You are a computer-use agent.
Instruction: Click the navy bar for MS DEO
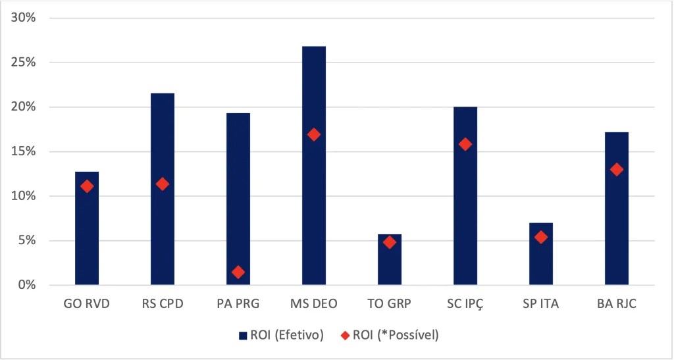tap(314, 165)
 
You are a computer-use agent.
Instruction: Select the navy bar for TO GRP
tap(390, 259)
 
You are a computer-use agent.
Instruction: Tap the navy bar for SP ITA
tap(541, 254)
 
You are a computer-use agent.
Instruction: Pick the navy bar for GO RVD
tap(87, 228)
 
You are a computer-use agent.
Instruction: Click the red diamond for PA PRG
tap(238, 272)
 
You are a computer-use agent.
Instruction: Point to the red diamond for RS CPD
tap(163, 184)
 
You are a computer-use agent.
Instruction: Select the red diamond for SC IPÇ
tap(465, 144)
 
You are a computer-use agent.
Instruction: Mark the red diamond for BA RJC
tap(616, 169)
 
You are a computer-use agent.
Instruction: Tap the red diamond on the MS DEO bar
tap(314, 134)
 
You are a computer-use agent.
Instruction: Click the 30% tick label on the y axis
tap(26, 18)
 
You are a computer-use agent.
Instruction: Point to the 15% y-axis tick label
tap(26, 151)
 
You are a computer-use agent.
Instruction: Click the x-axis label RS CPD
tap(163, 304)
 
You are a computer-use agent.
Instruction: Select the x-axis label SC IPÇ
tap(465, 305)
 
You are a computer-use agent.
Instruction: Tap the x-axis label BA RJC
tap(616, 304)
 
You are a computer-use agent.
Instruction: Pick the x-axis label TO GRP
tap(390, 304)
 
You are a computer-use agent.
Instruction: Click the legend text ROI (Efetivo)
tap(287, 335)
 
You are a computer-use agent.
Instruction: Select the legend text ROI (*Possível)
tap(396, 335)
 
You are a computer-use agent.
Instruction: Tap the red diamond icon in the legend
tap(345, 336)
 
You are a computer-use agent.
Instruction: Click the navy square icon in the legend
tap(243, 336)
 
